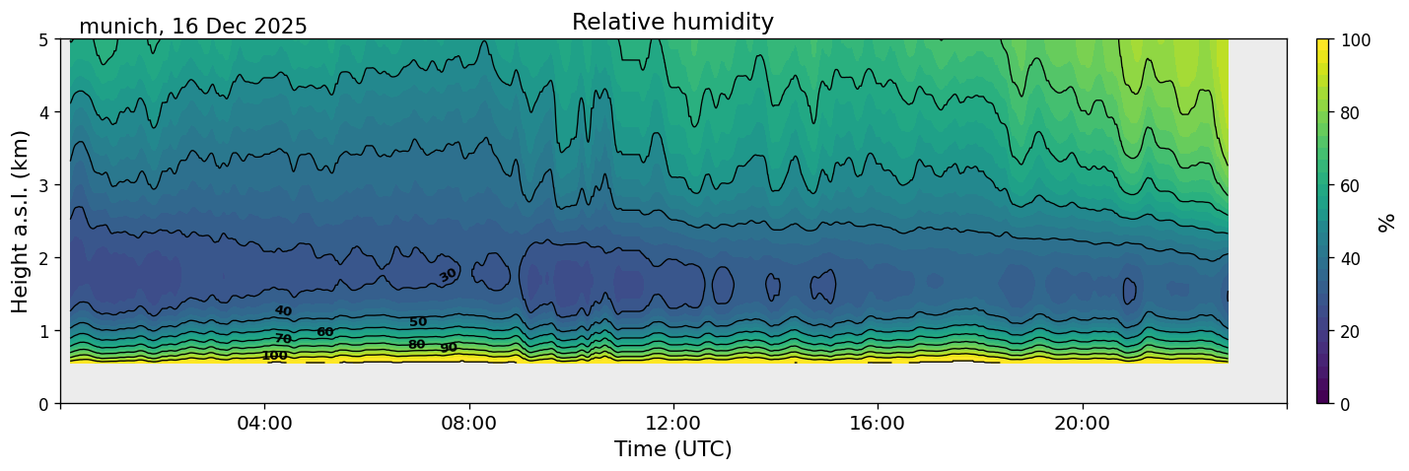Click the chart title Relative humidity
click(672, 23)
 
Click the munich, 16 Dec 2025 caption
click(193, 27)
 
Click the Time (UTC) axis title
click(672, 449)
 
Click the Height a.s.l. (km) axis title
click(21, 221)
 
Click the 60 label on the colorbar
click(1352, 185)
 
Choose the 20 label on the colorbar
click(1352, 331)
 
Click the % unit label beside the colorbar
click(1387, 222)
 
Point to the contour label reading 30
click(448, 275)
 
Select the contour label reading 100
click(274, 356)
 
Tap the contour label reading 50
click(418, 322)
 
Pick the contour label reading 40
click(283, 311)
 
